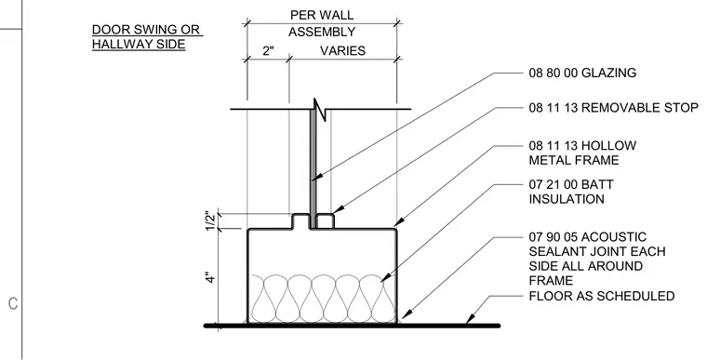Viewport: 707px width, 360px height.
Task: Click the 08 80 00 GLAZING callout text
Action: [x=582, y=73]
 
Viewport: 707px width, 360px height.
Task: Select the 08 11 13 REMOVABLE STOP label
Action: [x=613, y=108]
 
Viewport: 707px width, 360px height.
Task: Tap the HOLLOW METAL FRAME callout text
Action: [x=582, y=153]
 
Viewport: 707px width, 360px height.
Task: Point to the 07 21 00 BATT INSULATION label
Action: [x=571, y=192]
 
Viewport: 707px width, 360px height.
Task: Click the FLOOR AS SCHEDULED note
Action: [x=602, y=296]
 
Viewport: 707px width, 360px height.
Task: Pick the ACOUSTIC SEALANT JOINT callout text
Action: [x=597, y=259]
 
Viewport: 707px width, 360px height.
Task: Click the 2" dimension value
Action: [x=268, y=50]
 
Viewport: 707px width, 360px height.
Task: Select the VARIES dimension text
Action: [x=342, y=50]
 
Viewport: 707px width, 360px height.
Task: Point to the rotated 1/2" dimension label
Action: [x=210, y=220]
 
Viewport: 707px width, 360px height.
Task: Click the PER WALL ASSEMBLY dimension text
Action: [x=322, y=23]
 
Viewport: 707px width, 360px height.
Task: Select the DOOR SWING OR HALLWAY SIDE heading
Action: [x=147, y=37]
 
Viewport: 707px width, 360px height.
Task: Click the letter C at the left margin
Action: [x=13, y=303]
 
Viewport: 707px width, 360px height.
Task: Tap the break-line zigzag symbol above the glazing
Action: [x=320, y=109]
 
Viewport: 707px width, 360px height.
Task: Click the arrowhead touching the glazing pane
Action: [x=316, y=177]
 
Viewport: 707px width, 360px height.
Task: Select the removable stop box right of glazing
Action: [x=325, y=221]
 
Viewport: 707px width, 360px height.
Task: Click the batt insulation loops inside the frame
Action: [x=322, y=299]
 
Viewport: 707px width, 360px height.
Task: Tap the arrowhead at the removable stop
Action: [x=339, y=209]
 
